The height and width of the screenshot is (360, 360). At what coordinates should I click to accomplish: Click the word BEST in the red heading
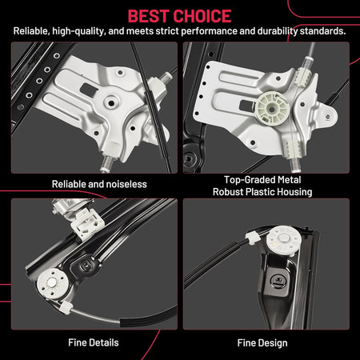click(x=150, y=16)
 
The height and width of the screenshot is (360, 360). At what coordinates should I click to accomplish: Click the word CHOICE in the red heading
click(x=203, y=16)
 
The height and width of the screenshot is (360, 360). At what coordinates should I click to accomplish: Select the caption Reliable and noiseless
click(x=99, y=184)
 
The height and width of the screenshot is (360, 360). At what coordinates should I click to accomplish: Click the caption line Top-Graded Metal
click(x=262, y=180)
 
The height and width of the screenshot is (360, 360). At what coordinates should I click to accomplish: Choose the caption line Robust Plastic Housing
click(x=262, y=192)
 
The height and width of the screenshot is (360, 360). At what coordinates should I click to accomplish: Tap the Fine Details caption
click(x=94, y=342)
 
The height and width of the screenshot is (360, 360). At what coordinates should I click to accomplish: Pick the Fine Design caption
click(x=262, y=343)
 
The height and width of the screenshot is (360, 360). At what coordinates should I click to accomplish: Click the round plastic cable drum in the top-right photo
click(x=272, y=109)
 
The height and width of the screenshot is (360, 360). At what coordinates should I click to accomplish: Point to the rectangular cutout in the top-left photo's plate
click(x=87, y=89)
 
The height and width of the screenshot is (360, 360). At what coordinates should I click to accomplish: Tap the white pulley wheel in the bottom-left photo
click(x=52, y=283)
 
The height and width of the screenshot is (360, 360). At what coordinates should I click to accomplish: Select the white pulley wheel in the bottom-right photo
click(x=283, y=239)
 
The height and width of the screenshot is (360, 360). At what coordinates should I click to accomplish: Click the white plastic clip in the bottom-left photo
click(x=87, y=223)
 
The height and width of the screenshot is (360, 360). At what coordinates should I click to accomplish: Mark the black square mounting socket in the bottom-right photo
click(x=279, y=280)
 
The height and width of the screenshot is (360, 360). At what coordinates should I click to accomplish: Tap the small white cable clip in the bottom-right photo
click(x=252, y=238)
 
